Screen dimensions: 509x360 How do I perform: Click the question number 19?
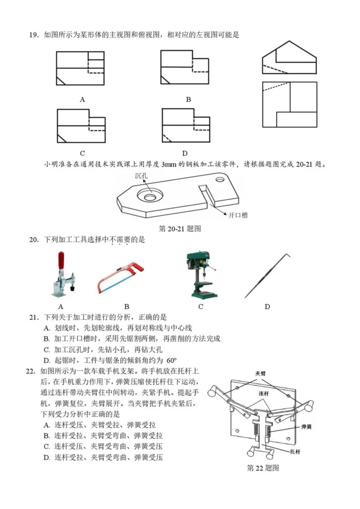tap(33, 35)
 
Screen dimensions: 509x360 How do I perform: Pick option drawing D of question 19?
tap(186, 126)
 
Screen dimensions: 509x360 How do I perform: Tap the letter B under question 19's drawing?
tap(189, 99)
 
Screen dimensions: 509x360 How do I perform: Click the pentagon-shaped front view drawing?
tap(289, 58)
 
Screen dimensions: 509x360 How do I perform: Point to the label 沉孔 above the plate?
tap(141, 176)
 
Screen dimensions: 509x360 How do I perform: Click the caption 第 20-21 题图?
tap(180, 229)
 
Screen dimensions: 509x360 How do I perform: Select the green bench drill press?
tap(201, 275)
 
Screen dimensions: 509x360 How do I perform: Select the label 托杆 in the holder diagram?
tap(295, 450)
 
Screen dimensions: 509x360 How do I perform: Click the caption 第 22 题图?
tap(263, 468)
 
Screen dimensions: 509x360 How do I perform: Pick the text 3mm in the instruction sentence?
tap(168, 164)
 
